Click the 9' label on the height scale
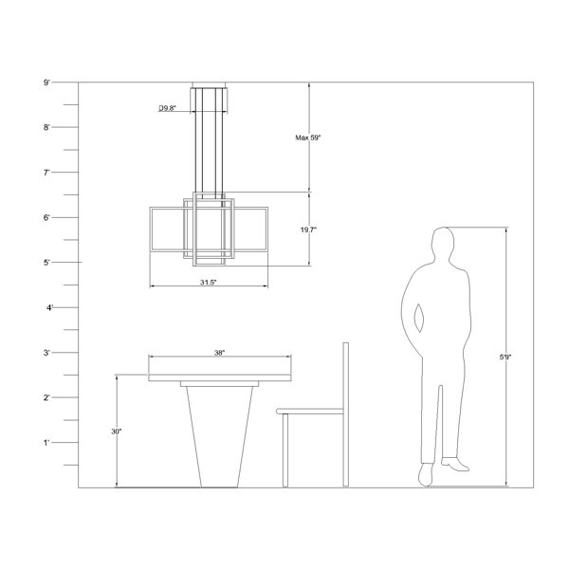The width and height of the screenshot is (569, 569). tap(46, 83)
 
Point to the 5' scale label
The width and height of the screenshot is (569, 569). tap(46, 263)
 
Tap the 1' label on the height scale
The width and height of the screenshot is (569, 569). tap(46, 443)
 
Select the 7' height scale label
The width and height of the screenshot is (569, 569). tap(46, 173)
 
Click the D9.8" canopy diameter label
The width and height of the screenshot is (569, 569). tap(167, 108)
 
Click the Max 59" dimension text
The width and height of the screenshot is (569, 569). tap(308, 138)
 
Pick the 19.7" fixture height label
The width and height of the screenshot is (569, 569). tap(308, 229)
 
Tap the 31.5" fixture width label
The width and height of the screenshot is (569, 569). tap(208, 283)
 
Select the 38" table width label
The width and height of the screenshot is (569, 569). tap(219, 353)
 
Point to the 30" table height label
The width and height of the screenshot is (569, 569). tap(117, 431)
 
